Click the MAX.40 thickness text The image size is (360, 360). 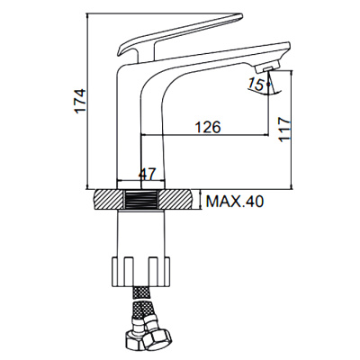(x=236, y=203)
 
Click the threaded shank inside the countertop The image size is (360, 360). (x=142, y=200)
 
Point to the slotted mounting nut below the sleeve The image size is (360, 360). (x=142, y=269)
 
